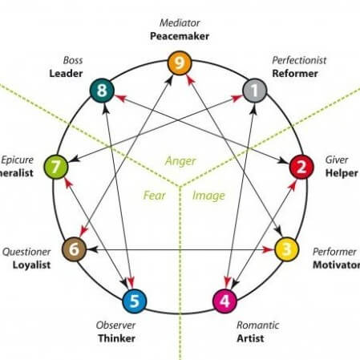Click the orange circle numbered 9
(x=180, y=62)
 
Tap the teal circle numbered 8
(x=103, y=91)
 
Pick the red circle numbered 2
(x=301, y=168)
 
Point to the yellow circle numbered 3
(x=285, y=249)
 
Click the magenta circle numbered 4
(x=225, y=301)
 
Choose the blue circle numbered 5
(x=134, y=301)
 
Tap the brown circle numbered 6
(x=74, y=249)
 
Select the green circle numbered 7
(x=55, y=168)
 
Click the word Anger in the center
(x=180, y=160)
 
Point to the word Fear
(x=154, y=195)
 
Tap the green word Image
(x=208, y=195)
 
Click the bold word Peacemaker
(x=180, y=36)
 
